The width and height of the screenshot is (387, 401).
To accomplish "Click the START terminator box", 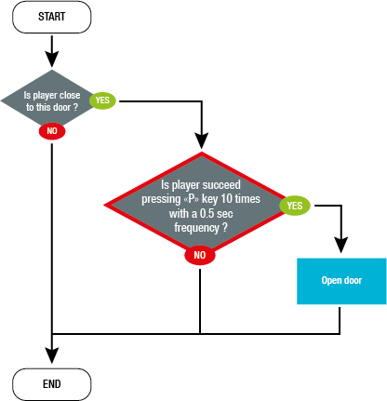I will [52, 16].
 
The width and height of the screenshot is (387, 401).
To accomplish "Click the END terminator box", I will [52, 382].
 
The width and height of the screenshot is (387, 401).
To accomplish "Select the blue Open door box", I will [340, 280].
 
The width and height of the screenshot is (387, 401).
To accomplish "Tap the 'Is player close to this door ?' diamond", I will [52, 100].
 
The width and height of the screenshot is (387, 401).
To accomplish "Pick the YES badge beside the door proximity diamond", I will [102, 100].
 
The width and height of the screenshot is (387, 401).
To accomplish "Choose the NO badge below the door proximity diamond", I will [52, 132].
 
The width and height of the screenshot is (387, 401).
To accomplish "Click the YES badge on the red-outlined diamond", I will [295, 205].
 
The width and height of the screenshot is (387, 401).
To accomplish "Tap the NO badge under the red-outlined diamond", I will [199, 254].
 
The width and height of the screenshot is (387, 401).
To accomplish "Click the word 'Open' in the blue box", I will [330, 280].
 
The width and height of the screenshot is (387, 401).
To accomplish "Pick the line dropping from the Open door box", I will [340, 318].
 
